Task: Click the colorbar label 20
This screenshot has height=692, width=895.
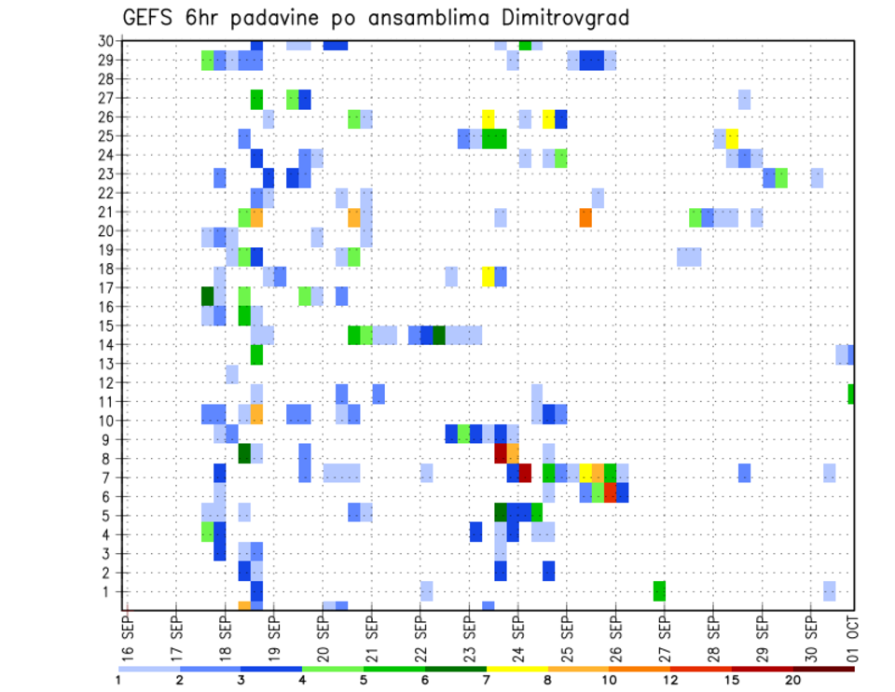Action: [x=792, y=680]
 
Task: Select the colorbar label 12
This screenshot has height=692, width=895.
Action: [x=670, y=680]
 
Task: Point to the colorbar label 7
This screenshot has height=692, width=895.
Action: [x=487, y=680]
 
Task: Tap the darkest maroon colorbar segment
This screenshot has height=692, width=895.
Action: [x=823, y=669]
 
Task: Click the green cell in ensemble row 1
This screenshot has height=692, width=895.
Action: [x=659, y=591]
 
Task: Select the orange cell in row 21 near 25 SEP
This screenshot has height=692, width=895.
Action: [x=585, y=217]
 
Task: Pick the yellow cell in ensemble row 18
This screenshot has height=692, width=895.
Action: [x=489, y=276]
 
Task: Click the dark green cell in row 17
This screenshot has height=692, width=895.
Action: [x=208, y=297]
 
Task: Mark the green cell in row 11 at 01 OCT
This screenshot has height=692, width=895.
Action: [x=851, y=394]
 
